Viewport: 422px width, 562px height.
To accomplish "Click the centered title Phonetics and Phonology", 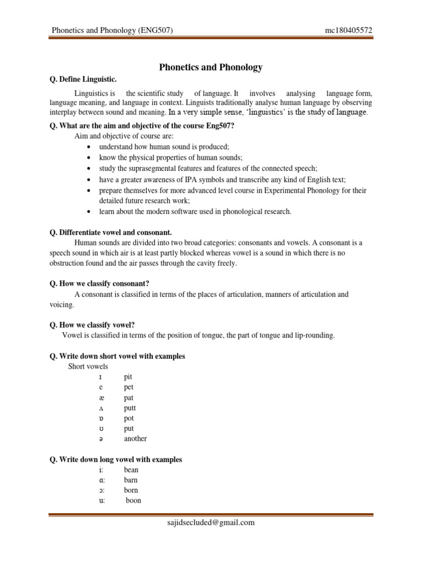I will pos(211,68).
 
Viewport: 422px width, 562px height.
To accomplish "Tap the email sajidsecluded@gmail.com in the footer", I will pos(211,522).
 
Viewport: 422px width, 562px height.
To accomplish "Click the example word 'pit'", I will pos(129,377).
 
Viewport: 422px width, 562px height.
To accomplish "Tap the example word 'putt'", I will pos(130,408).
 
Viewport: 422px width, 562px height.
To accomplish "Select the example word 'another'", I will pos(135,439).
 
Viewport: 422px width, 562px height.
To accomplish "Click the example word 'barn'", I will pos(131,480).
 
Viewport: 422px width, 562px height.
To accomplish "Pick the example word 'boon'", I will pos(134,501).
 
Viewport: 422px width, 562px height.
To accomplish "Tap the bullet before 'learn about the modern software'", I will pos(88,212).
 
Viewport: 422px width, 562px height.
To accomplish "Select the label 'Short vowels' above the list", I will pos(88,367).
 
